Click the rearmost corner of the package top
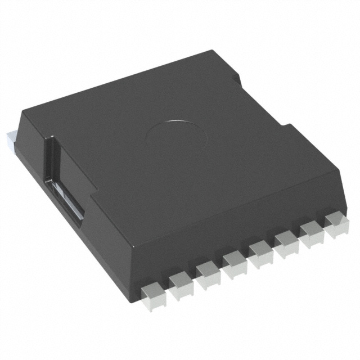pos(222,52)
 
